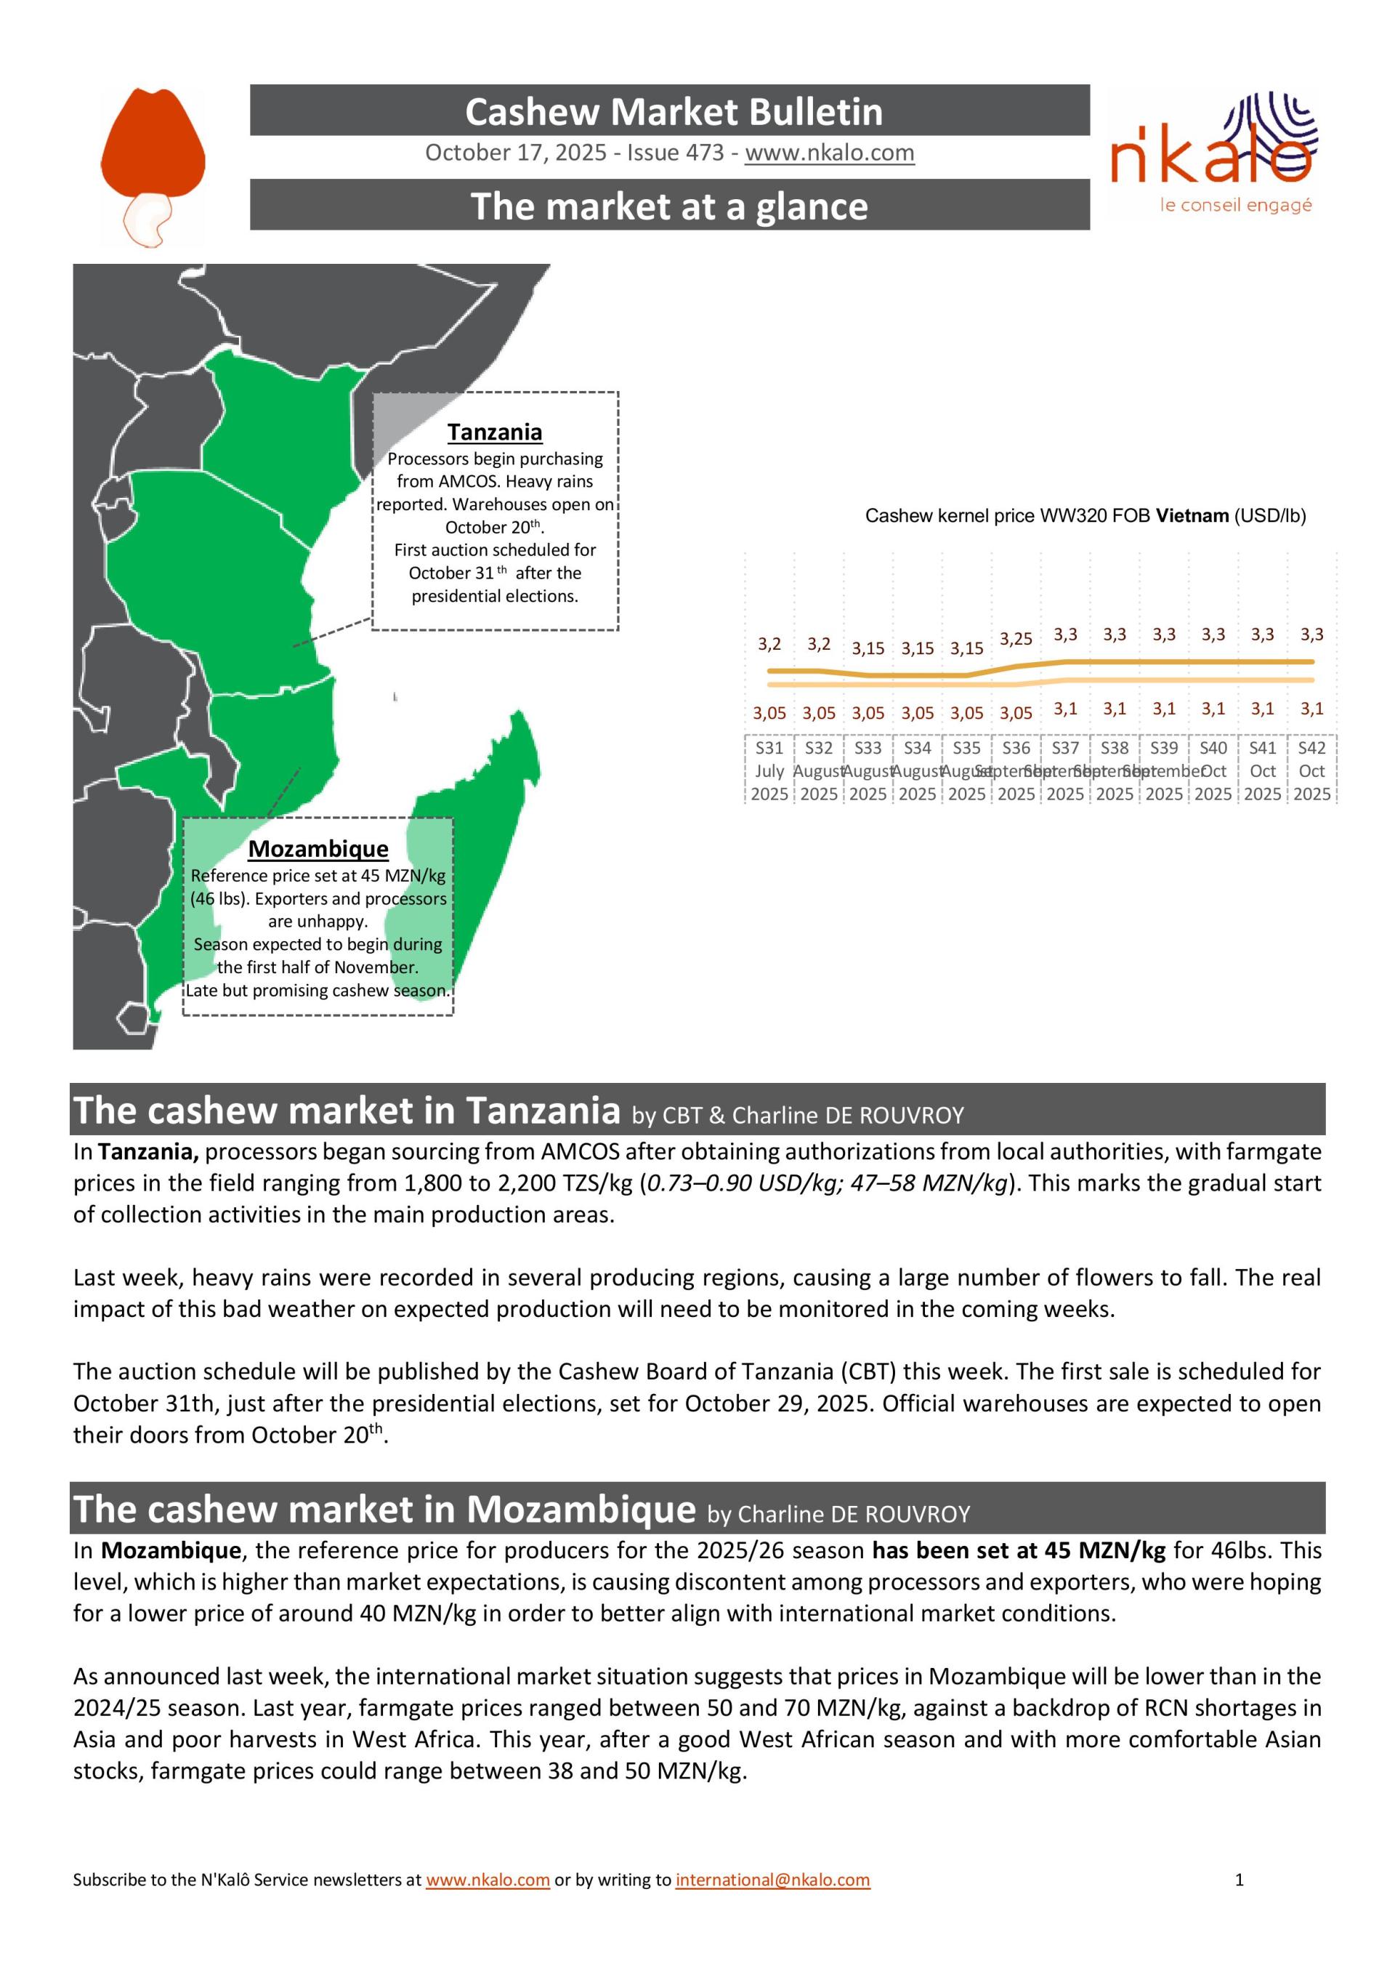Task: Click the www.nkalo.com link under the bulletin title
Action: pyautogui.click(x=830, y=153)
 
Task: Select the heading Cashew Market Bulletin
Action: pyautogui.click(x=674, y=112)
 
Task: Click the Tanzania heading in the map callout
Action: pyautogui.click(x=494, y=432)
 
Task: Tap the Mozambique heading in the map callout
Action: pyautogui.click(x=318, y=849)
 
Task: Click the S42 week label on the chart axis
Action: pyautogui.click(x=1311, y=748)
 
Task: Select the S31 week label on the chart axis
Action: pyautogui.click(x=769, y=748)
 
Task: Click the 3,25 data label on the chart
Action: pyautogui.click(x=1016, y=639)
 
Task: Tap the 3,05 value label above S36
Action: pyautogui.click(x=1016, y=713)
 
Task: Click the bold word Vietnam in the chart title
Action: pyautogui.click(x=1192, y=516)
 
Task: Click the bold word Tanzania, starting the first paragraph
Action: pyautogui.click(x=149, y=1151)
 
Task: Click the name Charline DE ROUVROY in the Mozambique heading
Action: pyautogui.click(x=854, y=1514)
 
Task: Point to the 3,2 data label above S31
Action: pyautogui.click(x=769, y=644)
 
